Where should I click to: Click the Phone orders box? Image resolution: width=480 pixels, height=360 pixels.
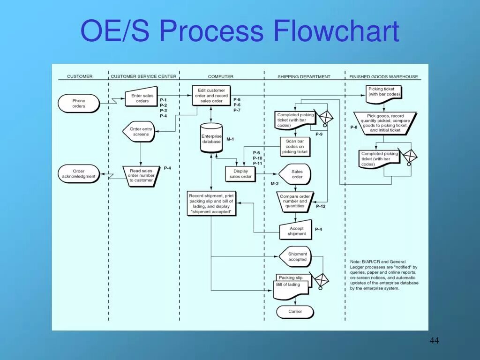tap(79, 104)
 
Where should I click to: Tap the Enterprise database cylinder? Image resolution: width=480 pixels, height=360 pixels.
tap(211, 138)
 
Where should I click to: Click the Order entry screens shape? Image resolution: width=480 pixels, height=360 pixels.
tap(140, 132)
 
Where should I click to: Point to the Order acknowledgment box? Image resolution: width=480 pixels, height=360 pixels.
tap(79, 174)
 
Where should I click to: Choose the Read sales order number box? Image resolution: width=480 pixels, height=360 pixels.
tap(141, 176)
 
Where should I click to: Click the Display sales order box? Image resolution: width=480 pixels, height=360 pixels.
tap(240, 174)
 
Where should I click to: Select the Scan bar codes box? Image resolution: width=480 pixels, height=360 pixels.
tap(295, 146)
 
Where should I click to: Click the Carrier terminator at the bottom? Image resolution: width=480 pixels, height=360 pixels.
tap(295, 312)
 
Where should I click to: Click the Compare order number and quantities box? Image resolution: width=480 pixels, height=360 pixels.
tap(295, 201)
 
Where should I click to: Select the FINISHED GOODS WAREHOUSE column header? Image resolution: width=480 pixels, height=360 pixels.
tap(383, 76)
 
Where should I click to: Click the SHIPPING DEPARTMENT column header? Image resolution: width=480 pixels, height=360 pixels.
tap(304, 76)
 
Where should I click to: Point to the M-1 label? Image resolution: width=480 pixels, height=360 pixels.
tap(230, 139)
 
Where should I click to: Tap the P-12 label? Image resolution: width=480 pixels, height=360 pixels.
tap(321, 206)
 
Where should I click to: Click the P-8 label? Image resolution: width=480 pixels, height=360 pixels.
tap(354, 127)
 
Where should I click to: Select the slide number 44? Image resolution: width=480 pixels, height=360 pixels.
tap(434, 341)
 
